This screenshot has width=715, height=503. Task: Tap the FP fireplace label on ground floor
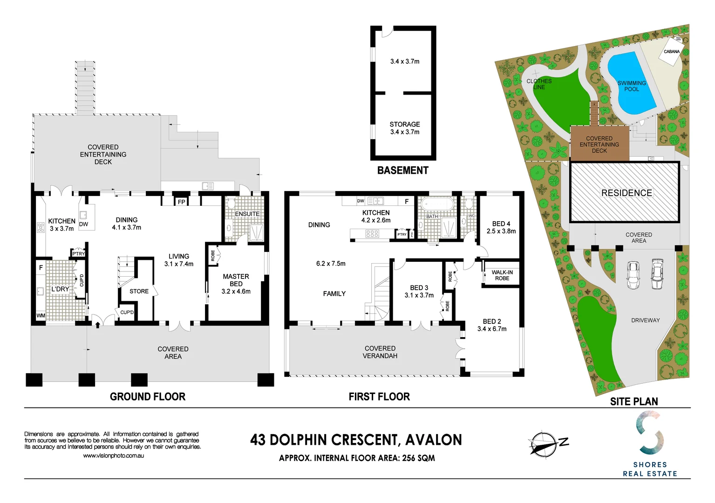click(x=182, y=202)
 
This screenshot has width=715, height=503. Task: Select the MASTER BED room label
click(x=236, y=280)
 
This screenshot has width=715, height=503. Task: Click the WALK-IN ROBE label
click(x=502, y=275)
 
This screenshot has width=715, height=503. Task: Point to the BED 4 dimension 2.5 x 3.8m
click(x=501, y=231)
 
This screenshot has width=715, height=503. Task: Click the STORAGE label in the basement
click(x=405, y=124)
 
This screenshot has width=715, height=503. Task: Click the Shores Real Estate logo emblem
click(x=650, y=434)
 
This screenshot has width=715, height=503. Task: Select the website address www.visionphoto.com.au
click(x=113, y=455)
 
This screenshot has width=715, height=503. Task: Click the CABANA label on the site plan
click(x=671, y=52)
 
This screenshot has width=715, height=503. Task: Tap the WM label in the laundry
click(x=41, y=316)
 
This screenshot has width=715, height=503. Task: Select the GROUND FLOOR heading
click(x=148, y=396)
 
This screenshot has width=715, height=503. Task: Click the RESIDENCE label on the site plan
click(x=626, y=193)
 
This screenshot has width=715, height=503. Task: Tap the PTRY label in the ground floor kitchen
click(x=79, y=253)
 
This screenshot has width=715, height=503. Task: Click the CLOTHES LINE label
click(x=539, y=84)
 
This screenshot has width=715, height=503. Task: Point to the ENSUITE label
click(x=247, y=214)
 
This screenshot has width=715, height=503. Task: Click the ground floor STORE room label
click(x=139, y=291)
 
